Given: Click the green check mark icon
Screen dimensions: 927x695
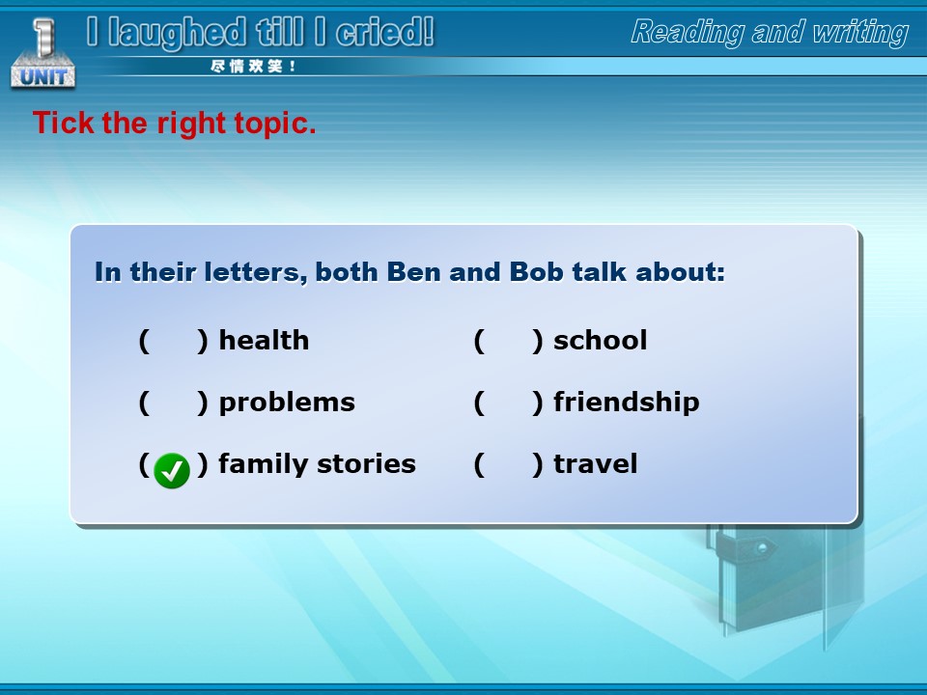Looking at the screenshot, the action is [x=172, y=470].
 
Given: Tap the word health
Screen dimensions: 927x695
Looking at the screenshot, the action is [x=264, y=341].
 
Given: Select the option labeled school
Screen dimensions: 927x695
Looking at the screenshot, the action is [x=600, y=341].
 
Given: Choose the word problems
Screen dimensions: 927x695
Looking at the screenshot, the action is [x=287, y=403].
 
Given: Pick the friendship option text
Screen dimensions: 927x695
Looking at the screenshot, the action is [x=626, y=403].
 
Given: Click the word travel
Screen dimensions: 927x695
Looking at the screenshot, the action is [x=596, y=464].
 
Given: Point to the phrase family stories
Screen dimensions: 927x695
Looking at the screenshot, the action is [x=317, y=464].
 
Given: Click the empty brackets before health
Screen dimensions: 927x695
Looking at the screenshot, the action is [x=173, y=341].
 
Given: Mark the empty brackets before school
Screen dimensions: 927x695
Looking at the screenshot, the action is [x=509, y=341].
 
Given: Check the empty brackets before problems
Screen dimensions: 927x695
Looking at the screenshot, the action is [x=173, y=403].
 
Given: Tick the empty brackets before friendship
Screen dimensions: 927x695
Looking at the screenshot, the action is [x=509, y=403].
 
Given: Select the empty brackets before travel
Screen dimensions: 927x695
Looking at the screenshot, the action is [x=509, y=464].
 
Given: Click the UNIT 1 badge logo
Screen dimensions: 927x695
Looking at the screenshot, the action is [x=43, y=53].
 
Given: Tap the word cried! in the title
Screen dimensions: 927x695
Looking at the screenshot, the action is [x=385, y=32].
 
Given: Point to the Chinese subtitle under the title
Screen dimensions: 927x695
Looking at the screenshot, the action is [x=253, y=67].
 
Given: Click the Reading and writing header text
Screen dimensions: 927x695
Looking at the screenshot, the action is [x=770, y=33].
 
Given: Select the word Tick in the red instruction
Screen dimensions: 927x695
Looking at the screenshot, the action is [x=64, y=123].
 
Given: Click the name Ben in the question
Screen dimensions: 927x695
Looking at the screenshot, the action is [x=414, y=272].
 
